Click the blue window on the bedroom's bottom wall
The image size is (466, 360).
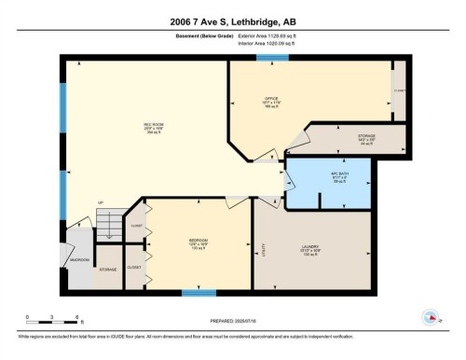point(199,293)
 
